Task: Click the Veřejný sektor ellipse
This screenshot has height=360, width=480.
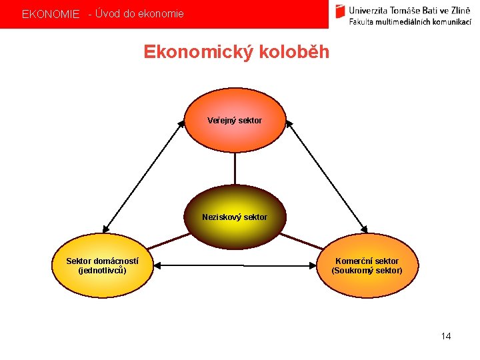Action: [235, 121]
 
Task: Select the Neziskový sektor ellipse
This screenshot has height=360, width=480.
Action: [235, 217]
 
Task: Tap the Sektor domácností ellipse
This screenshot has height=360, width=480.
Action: [103, 265]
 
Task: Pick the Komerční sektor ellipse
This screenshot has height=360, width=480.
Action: [367, 265]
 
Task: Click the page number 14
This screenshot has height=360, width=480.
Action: [446, 336]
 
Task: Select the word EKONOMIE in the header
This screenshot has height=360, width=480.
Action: [51, 14]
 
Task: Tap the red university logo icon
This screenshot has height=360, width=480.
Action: [341, 11]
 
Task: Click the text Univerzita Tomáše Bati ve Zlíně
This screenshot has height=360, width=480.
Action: [409, 9]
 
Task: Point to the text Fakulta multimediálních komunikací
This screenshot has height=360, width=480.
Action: [409, 21]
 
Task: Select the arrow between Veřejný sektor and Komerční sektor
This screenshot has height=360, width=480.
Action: [327, 175]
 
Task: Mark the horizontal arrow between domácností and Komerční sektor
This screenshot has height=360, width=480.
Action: [235, 265]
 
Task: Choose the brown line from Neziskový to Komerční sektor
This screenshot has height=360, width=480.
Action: [301, 241]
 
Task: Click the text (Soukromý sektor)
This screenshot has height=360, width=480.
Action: [367, 271]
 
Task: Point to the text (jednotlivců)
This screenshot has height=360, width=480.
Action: [103, 271]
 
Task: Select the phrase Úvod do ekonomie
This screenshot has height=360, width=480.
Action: [139, 13]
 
